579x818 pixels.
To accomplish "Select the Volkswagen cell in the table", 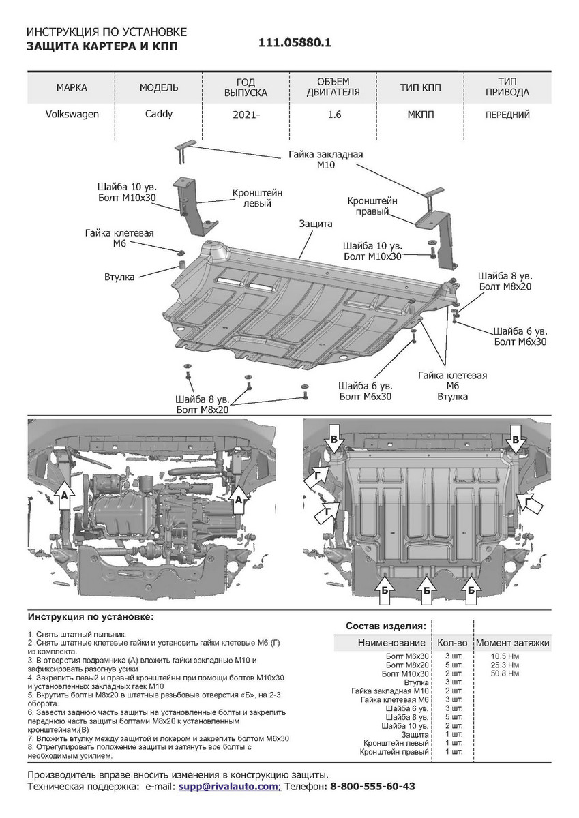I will coord(72,115).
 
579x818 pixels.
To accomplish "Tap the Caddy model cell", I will coord(159,115).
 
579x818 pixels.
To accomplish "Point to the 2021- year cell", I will coord(246,115).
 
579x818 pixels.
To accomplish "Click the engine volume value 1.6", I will coord(333,115).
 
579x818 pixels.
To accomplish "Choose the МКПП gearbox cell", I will coord(420,115).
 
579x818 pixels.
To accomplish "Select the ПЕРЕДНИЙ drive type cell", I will coord(507,115).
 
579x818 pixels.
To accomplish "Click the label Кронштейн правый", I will coord(372,207).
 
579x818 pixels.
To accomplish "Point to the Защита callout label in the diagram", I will coord(315,224).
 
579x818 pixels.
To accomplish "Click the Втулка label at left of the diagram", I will coord(120,277).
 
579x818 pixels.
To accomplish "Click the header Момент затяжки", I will coord(512,643).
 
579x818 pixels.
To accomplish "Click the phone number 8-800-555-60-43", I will coord(372,786).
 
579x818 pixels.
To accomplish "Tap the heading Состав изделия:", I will coord(386,625).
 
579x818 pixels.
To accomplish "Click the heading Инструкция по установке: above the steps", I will coord(91,616).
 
